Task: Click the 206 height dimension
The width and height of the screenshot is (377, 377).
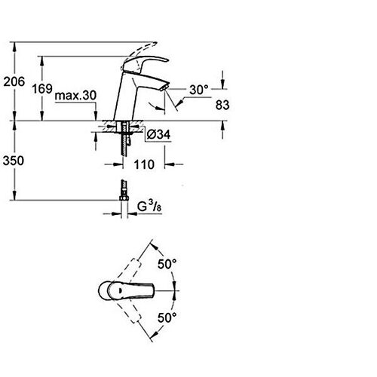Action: pyautogui.click(x=14, y=81)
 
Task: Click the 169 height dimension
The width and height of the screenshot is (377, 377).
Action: pyautogui.click(x=42, y=88)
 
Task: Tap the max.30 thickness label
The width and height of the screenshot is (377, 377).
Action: pyautogui.click(x=75, y=96)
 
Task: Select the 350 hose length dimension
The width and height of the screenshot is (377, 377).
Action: pyautogui.click(x=14, y=161)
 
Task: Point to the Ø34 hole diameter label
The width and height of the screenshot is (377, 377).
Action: pyautogui.click(x=158, y=135)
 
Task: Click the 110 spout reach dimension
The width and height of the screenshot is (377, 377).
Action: pyautogui.click(x=144, y=164)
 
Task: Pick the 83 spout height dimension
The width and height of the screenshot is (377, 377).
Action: pyautogui.click(x=222, y=105)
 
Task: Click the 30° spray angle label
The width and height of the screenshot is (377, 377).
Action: pyautogui.click(x=199, y=90)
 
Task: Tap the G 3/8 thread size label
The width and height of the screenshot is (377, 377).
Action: pyautogui.click(x=149, y=207)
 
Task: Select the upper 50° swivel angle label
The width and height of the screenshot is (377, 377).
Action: pyautogui.click(x=167, y=264)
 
